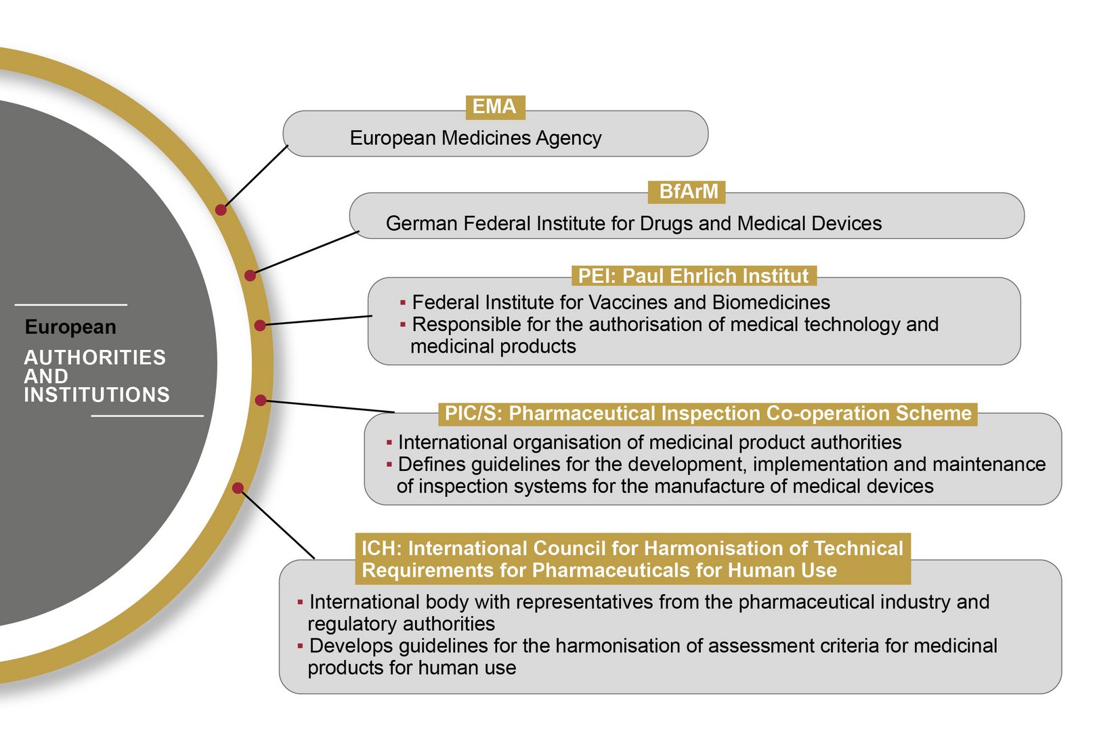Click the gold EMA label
coord(494,107)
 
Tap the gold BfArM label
coord(688,192)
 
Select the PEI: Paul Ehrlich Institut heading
coord(693,276)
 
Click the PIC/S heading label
coord(708,414)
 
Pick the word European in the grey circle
coord(70,327)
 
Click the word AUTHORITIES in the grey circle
coord(95,357)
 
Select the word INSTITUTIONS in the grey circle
coord(97,395)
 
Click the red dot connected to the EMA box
coord(221,210)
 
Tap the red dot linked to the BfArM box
coord(250,275)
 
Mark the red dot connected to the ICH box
coord(238,488)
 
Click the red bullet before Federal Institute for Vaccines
coord(403,303)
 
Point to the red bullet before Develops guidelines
coord(300,646)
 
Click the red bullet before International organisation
coord(389,443)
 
